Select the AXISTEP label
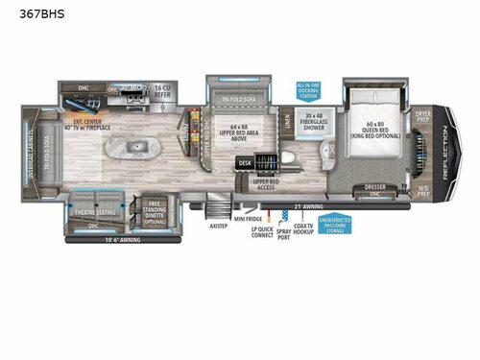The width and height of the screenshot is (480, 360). [218, 226]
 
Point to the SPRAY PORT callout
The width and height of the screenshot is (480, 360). [282, 234]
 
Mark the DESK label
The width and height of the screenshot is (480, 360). [246, 163]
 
